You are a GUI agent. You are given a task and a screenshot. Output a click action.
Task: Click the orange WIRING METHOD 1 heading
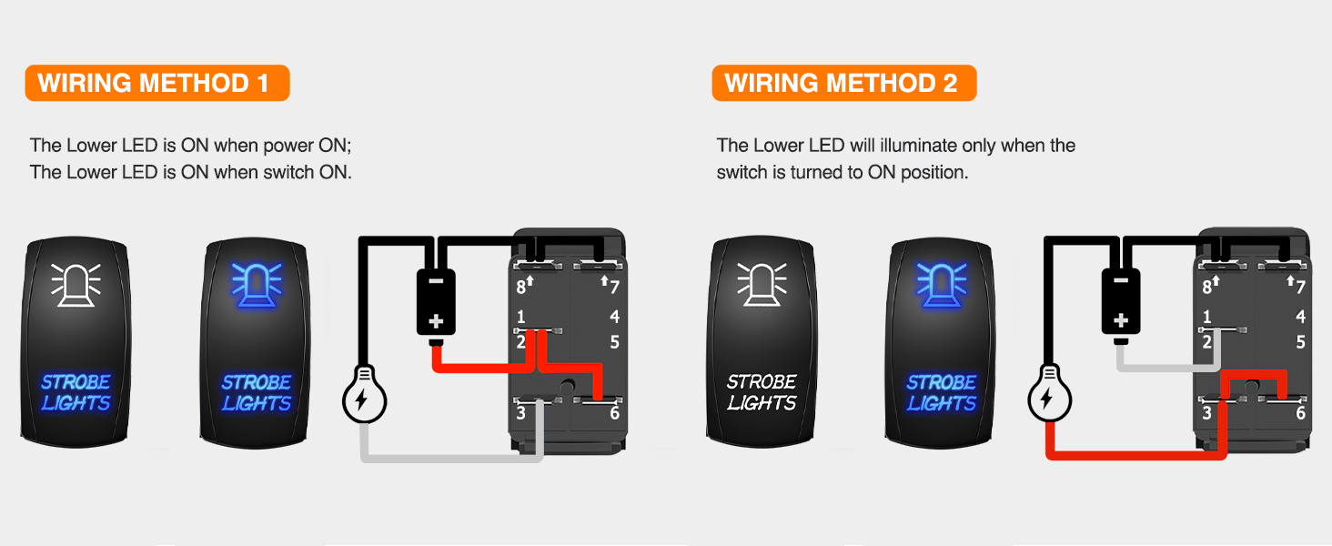(x=156, y=83)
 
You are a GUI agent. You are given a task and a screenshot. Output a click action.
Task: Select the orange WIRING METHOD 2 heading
(x=843, y=83)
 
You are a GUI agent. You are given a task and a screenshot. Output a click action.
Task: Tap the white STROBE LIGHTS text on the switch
(x=762, y=391)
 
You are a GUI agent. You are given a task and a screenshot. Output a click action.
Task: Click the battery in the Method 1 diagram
(x=436, y=302)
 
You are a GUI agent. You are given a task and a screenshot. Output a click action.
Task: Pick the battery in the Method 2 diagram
(x=1121, y=302)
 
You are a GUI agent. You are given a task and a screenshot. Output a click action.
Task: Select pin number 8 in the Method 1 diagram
(x=521, y=287)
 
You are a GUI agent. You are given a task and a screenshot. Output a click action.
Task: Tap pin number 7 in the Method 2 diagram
(x=1300, y=287)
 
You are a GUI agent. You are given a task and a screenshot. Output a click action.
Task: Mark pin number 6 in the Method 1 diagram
(x=614, y=413)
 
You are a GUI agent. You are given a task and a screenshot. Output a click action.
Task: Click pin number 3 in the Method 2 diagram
(x=1206, y=413)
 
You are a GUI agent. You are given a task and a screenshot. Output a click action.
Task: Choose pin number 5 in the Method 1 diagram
(x=615, y=342)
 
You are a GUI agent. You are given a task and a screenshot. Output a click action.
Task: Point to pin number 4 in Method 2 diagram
(x=1300, y=317)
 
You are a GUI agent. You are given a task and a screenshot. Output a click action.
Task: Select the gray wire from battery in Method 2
(x=1165, y=368)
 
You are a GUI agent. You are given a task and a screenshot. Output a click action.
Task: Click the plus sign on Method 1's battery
(x=436, y=320)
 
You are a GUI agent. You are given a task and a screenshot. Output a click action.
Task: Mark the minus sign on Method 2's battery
(x=1121, y=280)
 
